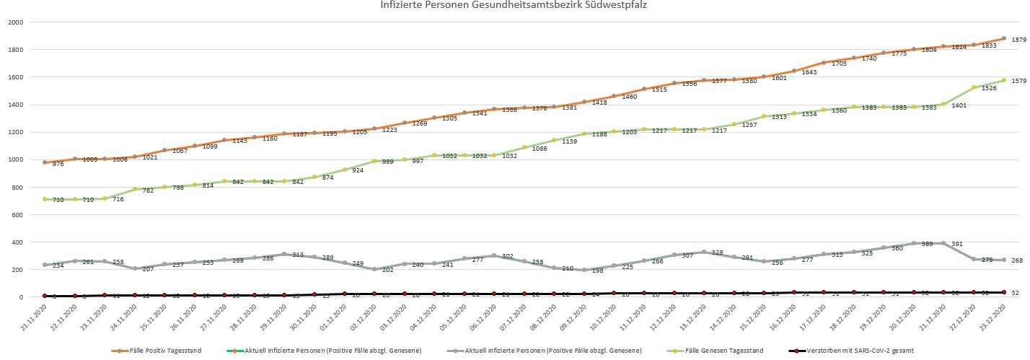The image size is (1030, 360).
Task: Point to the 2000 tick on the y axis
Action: (x=15, y=22)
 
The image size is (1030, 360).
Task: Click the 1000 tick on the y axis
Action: (x=15, y=160)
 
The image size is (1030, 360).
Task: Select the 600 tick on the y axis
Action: (x=17, y=215)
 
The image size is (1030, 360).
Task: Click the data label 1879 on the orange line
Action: (x=1018, y=40)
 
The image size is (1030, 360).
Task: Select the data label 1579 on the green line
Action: (x=1018, y=82)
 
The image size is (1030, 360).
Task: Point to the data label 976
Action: (x=58, y=164)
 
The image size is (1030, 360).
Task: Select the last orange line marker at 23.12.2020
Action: (x=1004, y=39)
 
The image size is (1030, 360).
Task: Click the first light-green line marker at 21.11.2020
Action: (x=45, y=199)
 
